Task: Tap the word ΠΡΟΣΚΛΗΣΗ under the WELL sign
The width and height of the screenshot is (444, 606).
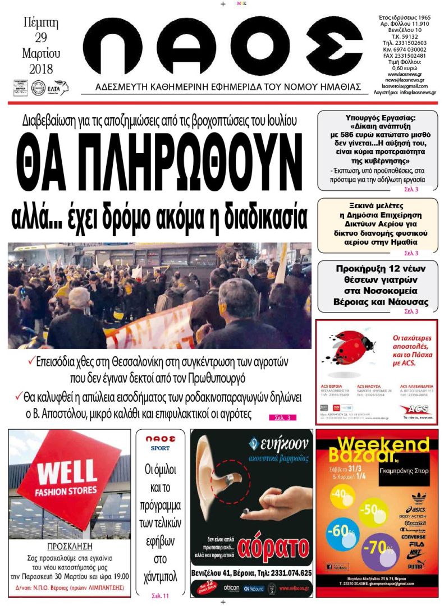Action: [x=70, y=546]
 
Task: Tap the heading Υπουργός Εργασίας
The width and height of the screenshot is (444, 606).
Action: [x=378, y=118]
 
